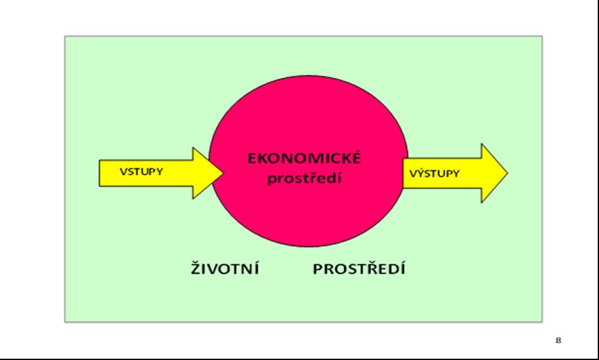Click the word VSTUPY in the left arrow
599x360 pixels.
(141, 172)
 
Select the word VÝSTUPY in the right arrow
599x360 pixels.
(435, 173)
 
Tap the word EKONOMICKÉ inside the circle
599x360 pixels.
(304, 158)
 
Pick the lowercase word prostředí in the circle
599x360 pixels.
(305, 178)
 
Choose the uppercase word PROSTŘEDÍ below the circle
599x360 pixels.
(359, 268)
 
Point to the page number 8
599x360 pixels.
(558, 340)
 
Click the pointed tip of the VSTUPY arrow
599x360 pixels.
(223, 173)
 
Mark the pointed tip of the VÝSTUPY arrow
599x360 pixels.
(507, 173)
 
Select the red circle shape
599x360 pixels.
(308, 161)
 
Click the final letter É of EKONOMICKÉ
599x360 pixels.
(356, 158)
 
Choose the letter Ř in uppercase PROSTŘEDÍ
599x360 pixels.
(371, 268)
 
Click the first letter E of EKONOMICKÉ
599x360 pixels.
(252, 158)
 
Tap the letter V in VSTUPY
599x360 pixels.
(123, 172)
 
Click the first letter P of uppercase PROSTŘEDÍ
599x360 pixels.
(318, 269)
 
